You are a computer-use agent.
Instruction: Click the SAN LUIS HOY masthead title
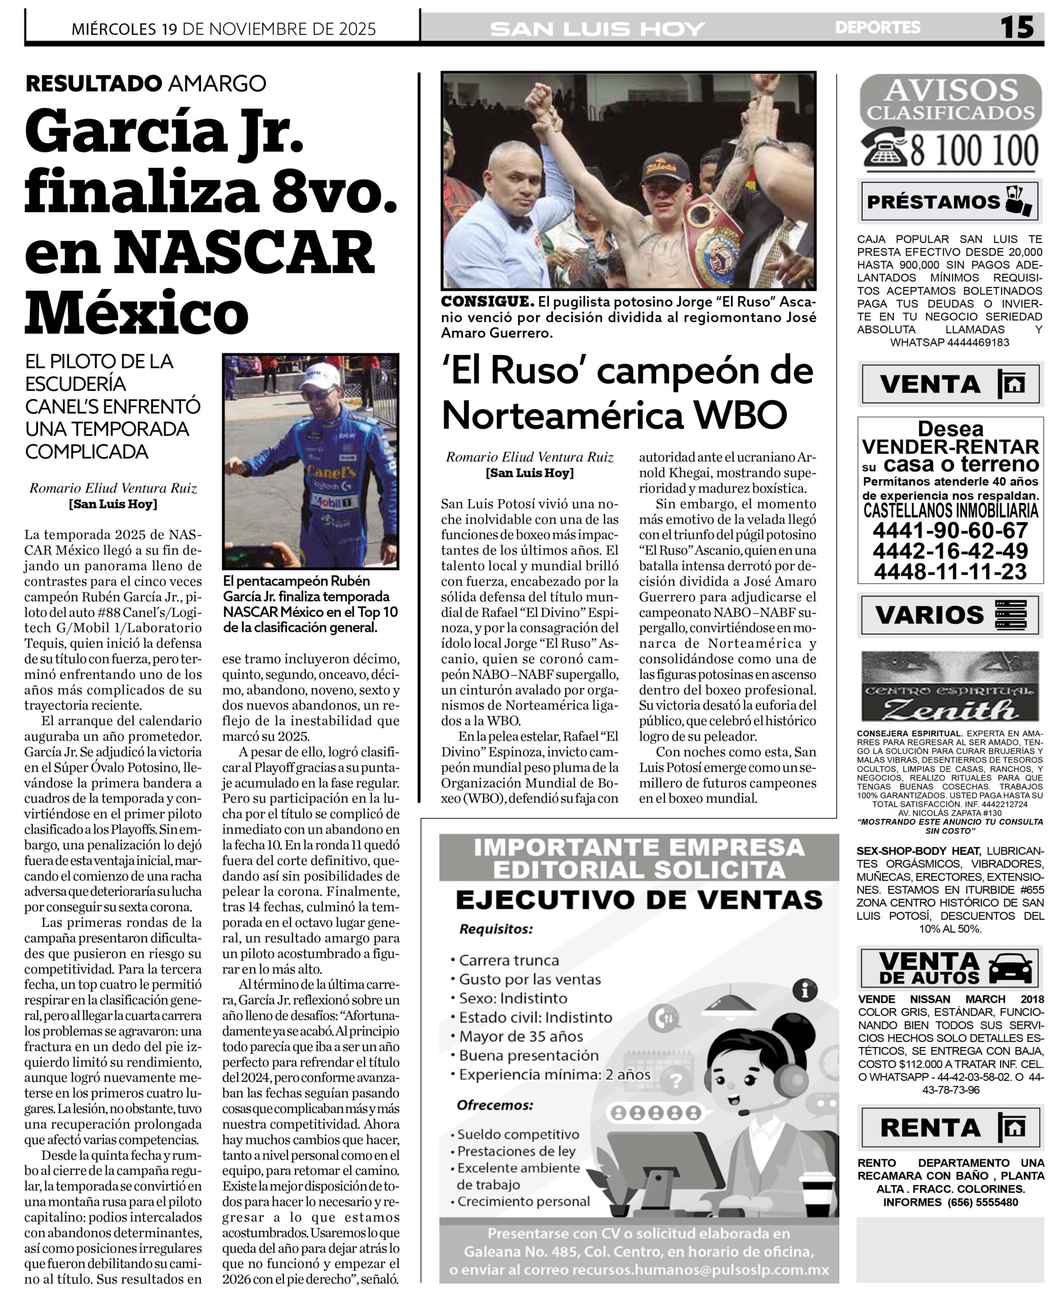(x=598, y=29)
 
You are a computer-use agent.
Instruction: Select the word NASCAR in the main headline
(x=244, y=253)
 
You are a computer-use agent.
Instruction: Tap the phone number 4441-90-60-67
(x=950, y=530)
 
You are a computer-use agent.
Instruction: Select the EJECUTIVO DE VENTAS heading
(x=638, y=900)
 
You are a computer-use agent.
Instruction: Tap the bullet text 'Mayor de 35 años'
(x=521, y=1036)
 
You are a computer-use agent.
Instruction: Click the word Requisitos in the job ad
(x=496, y=929)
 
